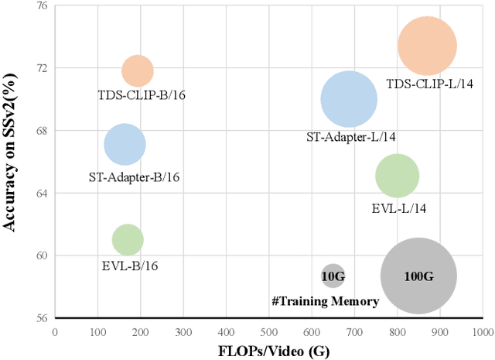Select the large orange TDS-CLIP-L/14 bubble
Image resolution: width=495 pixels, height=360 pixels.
427,46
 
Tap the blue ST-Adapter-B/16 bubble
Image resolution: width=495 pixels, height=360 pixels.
125,145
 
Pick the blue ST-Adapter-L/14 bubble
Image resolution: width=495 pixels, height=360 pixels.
349,99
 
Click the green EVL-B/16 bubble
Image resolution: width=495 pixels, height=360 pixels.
128,240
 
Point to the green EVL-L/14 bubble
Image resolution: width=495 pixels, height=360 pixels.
397,176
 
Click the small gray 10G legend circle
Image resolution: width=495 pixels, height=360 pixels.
333,275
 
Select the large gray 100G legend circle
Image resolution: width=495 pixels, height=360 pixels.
418,275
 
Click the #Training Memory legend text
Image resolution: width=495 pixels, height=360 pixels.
325,301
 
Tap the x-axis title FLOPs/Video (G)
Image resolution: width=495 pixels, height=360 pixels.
268,350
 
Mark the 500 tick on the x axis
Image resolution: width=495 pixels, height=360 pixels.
268,332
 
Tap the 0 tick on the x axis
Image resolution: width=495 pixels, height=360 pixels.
54,332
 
